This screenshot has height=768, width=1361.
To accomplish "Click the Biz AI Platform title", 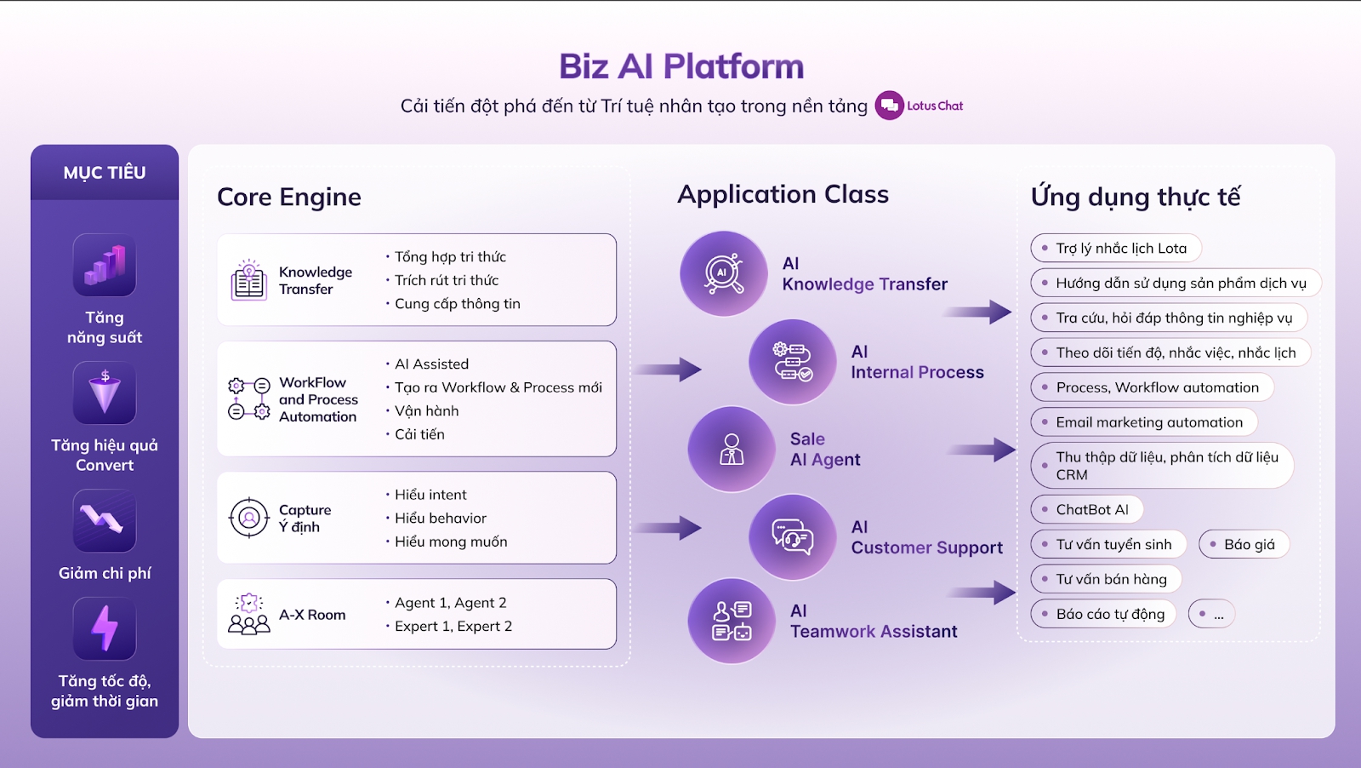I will [x=680, y=66].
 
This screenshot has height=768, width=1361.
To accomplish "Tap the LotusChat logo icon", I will [x=889, y=106].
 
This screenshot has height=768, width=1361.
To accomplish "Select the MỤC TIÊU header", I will [x=105, y=173].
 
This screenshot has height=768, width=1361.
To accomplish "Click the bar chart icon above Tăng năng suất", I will [x=105, y=265].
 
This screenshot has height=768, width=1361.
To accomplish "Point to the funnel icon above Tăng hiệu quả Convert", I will [x=105, y=393].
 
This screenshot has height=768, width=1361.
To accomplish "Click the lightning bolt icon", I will [x=105, y=628].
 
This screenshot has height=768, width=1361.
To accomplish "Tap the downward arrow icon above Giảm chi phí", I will [x=105, y=520].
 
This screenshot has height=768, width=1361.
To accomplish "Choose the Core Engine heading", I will [x=289, y=197].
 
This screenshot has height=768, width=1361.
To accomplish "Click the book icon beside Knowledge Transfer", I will [x=248, y=280].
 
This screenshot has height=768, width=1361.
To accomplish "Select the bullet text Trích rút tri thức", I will [x=447, y=280].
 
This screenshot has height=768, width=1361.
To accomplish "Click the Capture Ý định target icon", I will [x=248, y=518].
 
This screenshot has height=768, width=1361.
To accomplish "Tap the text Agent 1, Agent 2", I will [x=450, y=603].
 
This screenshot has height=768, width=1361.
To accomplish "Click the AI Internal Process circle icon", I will [x=792, y=362].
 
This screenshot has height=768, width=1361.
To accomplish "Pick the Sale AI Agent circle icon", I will [x=731, y=449].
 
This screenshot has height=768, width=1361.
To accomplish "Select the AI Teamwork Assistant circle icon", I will [x=731, y=621].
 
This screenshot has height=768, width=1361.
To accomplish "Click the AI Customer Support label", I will [x=926, y=537].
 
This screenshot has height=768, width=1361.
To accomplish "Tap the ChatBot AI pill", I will [x=1086, y=509].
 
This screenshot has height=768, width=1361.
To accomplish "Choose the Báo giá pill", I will [x=1244, y=544].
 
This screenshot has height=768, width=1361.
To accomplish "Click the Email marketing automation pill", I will [x=1143, y=422].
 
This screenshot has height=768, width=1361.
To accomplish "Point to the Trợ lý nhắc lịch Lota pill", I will [x=1116, y=248].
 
